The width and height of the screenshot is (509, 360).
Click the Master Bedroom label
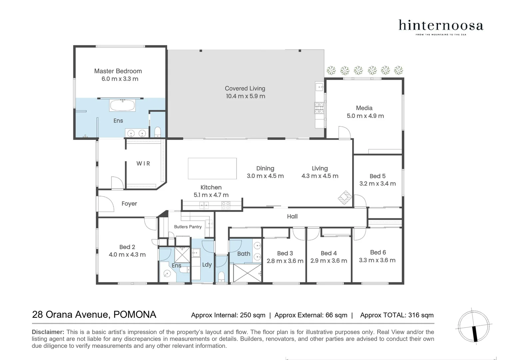(118, 71)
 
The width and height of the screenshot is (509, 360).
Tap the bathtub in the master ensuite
(122, 106)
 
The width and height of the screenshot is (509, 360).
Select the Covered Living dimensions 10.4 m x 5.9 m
(246, 96)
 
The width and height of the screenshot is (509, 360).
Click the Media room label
(364, 108)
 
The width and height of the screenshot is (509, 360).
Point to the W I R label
(143, 164)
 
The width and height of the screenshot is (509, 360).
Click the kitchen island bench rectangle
(212, 169)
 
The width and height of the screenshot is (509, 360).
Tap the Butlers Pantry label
(188, 227)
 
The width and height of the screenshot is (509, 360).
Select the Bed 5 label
(377, 176)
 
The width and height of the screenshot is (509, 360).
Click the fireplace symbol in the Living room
(345, 197)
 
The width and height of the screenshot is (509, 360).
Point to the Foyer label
(129, 204)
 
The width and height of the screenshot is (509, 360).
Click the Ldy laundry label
(207, 265)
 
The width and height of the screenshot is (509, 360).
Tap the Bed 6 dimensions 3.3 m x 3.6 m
(377, 260)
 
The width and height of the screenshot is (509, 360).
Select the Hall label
(292, 217)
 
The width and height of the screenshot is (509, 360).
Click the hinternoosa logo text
(441, 26)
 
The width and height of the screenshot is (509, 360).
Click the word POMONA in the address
(135, 315)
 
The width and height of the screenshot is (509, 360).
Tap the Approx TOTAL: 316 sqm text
(397, 315)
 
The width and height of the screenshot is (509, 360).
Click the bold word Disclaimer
(48, 332)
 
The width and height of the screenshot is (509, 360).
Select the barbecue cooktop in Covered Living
(319, 107)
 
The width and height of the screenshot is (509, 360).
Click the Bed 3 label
(285, 253)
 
